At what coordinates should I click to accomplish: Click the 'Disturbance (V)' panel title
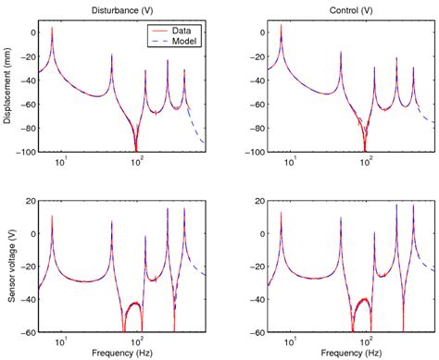125,9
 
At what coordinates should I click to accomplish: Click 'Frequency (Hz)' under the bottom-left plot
125,354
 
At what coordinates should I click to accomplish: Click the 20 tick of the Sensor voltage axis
30,200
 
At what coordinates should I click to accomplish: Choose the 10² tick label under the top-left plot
136,163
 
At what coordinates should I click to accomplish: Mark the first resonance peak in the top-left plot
52,29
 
